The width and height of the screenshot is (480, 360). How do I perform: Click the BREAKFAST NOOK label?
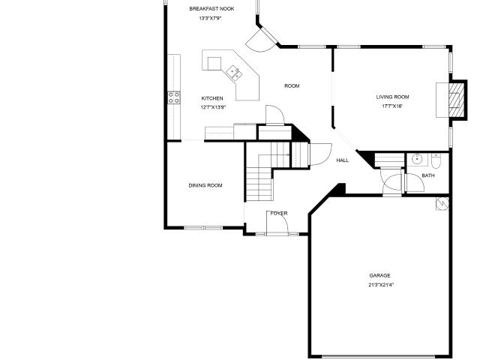coord(211,9)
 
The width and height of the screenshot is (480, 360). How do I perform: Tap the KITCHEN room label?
coord(212,98)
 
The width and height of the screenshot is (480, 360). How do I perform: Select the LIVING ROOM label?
coord(392,97)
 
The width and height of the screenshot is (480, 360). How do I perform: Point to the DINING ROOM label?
coord(205,185)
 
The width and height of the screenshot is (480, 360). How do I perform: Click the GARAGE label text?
coord(379,275)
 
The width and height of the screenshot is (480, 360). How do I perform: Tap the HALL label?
coord(342,160)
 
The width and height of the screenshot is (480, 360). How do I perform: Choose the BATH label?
coord(428,175)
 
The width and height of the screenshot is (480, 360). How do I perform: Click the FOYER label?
coord(279,213)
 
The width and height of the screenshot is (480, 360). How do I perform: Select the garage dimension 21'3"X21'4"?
coord(381,285)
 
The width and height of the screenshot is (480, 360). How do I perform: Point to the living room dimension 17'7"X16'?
coord(392,106)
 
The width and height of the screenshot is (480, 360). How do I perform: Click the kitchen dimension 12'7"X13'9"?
coord(213,107)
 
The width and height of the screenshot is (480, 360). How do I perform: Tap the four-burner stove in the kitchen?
coord(174,97)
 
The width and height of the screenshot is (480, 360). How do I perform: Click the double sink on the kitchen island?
coord(234,73)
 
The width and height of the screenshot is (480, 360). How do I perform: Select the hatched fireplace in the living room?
coord(456,99)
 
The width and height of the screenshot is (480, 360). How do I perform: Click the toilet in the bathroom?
coord(435,161)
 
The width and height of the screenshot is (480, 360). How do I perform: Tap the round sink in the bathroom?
coord(417,160)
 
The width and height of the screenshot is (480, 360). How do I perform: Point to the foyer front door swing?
coord(277,223)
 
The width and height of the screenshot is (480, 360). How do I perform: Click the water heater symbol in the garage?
coord(442,203)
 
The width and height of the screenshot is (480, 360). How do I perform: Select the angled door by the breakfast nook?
coord(262,40)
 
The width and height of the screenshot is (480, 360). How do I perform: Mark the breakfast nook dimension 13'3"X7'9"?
coord(210,18)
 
